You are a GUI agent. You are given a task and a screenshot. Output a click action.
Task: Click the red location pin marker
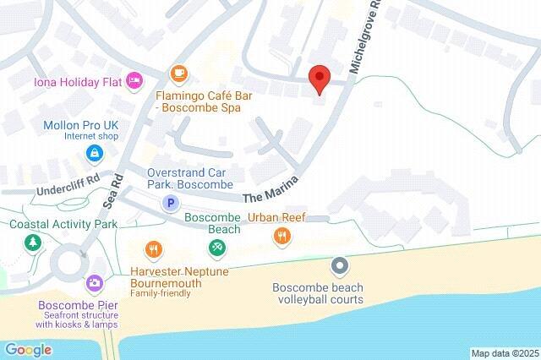tap(319, 78)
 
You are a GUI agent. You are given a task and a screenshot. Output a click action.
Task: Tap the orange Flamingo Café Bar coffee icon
tap(178, 74)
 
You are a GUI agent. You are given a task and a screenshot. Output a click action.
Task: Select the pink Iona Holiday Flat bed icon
tap(134, 81)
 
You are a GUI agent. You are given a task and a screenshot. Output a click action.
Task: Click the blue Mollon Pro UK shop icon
tap(94, 153)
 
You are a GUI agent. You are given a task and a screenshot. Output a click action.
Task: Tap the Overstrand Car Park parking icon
tap(171, 203)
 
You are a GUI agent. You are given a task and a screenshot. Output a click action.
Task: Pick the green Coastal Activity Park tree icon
tap(32, 243)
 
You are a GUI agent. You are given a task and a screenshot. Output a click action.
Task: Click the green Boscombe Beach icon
tap(216, 247)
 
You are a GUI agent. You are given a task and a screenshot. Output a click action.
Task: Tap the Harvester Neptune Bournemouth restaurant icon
tap(153, 248)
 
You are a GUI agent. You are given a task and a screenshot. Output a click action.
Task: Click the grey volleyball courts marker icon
tap(340, 267)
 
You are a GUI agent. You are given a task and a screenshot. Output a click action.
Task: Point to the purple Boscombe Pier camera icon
tap(95, 282)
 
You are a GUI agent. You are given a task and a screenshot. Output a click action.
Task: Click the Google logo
tap(28, 349)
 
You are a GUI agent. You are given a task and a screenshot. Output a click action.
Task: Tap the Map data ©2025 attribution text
tap(504, 352)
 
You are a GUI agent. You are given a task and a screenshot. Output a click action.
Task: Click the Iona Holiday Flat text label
tap(77, 82)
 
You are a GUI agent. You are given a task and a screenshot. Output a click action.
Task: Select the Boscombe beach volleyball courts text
tap(318, 293)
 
